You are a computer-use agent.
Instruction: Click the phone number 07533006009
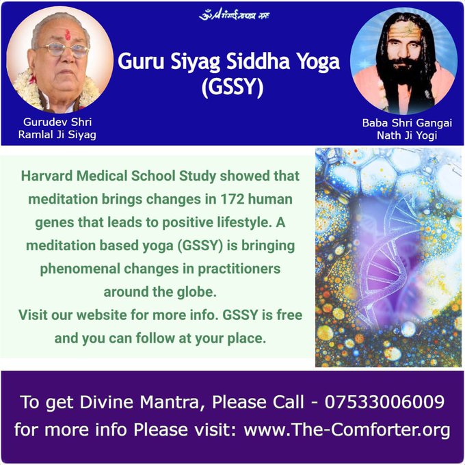pos(387,401)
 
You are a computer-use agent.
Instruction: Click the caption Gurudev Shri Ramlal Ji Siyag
pos(57,128)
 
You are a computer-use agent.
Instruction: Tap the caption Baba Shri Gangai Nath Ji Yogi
pos(407,129)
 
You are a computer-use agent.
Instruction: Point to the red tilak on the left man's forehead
pos(67,34)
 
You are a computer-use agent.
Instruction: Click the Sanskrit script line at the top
pos(233,14)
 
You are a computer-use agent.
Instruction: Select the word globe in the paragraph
pos(199,292)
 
